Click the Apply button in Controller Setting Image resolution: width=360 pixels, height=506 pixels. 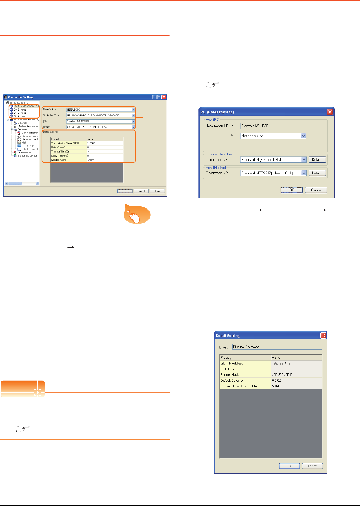158,191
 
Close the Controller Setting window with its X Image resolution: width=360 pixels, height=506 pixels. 164,97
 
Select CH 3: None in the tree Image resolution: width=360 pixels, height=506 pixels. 20,113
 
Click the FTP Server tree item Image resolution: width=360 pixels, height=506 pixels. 28,146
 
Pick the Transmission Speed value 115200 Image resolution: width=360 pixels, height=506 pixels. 105,143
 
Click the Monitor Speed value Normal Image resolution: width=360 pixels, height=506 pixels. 105,159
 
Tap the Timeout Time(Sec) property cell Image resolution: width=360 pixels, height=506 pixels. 68,152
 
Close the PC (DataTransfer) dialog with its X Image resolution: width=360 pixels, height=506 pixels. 330,112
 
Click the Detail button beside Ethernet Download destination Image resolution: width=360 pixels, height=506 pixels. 317,159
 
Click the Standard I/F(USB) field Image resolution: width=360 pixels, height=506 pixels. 273,126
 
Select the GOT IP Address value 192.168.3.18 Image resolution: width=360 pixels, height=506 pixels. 296,363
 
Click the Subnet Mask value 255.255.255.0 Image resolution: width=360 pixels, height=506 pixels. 296,375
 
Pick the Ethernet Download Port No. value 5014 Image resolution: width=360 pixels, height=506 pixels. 296,386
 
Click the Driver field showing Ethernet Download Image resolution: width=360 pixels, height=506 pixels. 277,347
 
